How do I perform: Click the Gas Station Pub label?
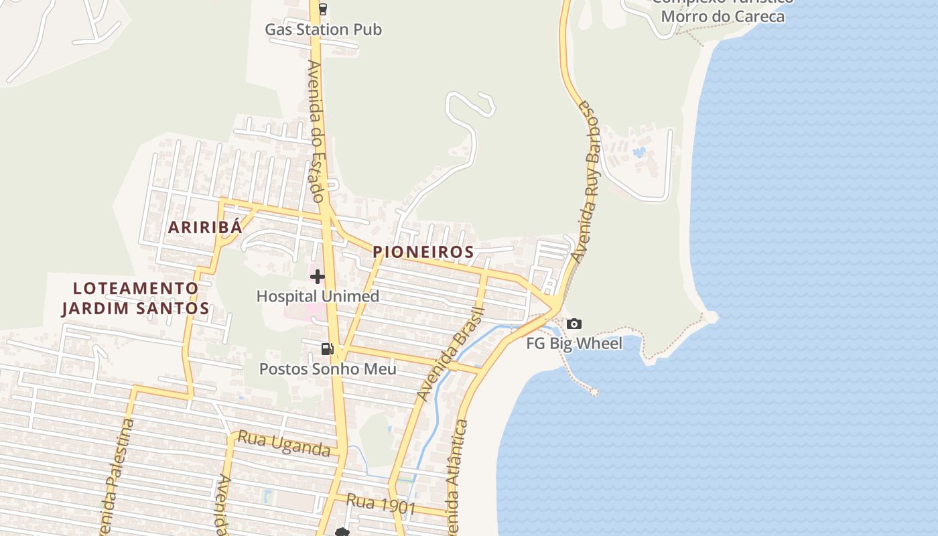click(323, 29)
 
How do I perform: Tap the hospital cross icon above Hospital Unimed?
click(318, 276)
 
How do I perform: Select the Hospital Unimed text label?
click(318, 296)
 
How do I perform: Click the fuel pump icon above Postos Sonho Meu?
click(327, 348)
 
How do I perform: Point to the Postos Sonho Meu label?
click(328, 369)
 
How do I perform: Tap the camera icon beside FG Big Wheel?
click(574, 324)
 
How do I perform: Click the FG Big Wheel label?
click(574, 344)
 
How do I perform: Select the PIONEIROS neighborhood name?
click(423, 252)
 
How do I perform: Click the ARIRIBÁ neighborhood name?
click(204, 227)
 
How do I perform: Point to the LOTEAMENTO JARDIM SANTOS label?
click(136, 299)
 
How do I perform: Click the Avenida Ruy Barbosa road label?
click(588, 181)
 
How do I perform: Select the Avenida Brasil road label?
click(450, 354)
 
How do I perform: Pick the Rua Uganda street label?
click(285, 444)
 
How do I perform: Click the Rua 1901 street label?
click(381, 503)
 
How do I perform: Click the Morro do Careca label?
click(722, 16)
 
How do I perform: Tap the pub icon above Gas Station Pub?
click(323, 9)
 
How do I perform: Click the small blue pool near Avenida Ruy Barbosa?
click(639, 152)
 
